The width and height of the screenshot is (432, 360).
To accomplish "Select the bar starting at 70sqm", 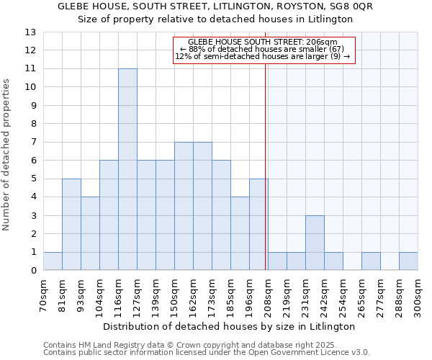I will [x=53, y=261].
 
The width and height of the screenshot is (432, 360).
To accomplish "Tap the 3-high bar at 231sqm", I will [x=315, y=243].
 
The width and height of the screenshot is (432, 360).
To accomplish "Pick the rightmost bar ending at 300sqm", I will [x=408, y=261].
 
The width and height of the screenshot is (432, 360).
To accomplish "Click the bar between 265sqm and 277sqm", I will [x=371, y=261].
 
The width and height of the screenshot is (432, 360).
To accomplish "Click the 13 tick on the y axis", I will [x=30, y=32].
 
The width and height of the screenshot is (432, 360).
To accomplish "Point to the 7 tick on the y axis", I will [x=33, y=142].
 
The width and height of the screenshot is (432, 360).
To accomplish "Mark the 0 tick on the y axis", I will [x=33, y=270].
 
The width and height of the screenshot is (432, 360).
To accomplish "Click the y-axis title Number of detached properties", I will [x=7, y=155].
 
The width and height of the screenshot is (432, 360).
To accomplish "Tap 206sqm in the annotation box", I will [x=321, y=42].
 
